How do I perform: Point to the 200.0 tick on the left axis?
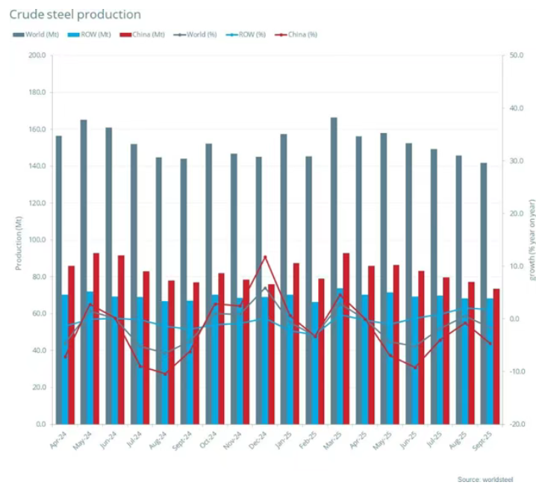pos(36,56)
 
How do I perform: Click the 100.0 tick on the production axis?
pos(36,240)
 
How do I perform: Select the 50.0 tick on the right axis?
pos(515,56)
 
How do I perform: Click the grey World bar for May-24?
pos(83,272)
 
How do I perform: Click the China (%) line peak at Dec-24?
pos(265,257)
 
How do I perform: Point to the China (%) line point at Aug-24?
pos(165,374)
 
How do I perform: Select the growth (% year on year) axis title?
pos(532,239)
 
